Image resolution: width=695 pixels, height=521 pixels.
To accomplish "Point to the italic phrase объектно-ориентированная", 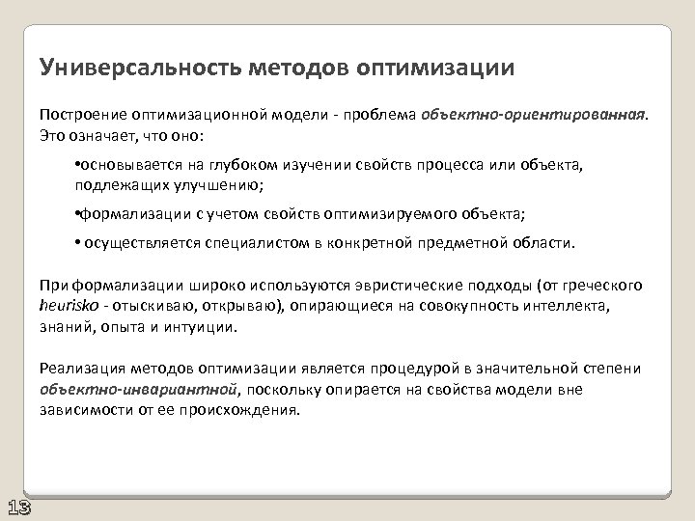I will (x=534, y=112).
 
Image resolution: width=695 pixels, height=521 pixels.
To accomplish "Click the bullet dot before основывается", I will (x=76, y=166).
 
